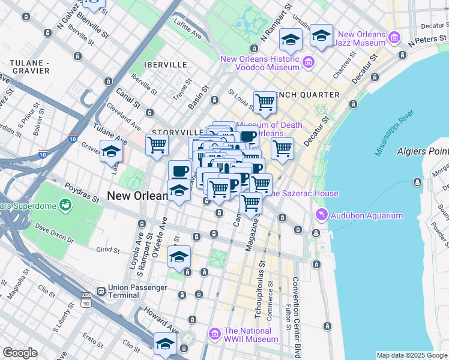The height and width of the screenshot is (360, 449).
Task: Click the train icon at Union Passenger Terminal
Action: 100,292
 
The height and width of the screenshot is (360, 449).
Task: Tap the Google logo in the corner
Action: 20,353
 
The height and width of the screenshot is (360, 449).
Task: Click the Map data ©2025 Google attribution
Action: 412,355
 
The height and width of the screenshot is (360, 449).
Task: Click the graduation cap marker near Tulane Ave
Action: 111,151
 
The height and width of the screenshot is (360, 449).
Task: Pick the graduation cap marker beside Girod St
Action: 179,256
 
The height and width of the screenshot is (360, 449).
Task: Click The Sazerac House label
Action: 303,193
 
